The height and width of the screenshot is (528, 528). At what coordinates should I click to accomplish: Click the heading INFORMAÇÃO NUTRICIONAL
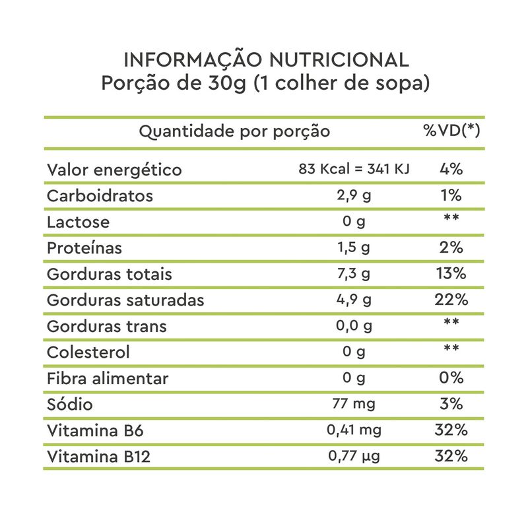point(266,60)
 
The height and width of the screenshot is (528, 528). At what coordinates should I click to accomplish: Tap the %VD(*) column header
point(451,131)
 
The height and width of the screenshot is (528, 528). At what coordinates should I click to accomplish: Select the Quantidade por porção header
point(234,131)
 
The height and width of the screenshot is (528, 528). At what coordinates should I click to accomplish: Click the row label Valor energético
point(114,170)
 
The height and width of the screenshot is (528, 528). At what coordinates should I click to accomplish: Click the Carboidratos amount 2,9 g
point(354,196)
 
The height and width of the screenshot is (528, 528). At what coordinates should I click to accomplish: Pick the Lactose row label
point(79,222)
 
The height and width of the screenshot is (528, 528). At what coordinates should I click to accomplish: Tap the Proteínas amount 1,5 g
point(354,248)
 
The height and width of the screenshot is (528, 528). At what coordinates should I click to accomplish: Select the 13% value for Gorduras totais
point(451,274)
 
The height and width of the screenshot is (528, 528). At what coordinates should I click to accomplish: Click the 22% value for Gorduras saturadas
point(451,300)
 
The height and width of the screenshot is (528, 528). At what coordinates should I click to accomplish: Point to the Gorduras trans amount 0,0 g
point(354,326)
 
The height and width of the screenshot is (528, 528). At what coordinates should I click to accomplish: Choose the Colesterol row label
point(88,352)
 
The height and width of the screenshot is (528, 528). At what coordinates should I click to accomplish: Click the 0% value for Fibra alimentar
point(451,378)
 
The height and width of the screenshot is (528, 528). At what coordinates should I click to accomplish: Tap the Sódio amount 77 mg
point(354,404)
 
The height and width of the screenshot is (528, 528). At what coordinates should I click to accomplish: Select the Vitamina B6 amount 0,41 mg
point(354,430)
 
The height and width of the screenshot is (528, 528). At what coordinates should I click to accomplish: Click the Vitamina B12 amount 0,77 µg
point(354,456)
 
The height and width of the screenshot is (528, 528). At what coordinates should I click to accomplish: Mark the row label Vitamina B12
point(98,457)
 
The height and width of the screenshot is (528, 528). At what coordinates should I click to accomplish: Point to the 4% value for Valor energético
point(451,170)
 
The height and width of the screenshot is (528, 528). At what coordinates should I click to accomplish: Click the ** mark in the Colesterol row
point(451,350)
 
